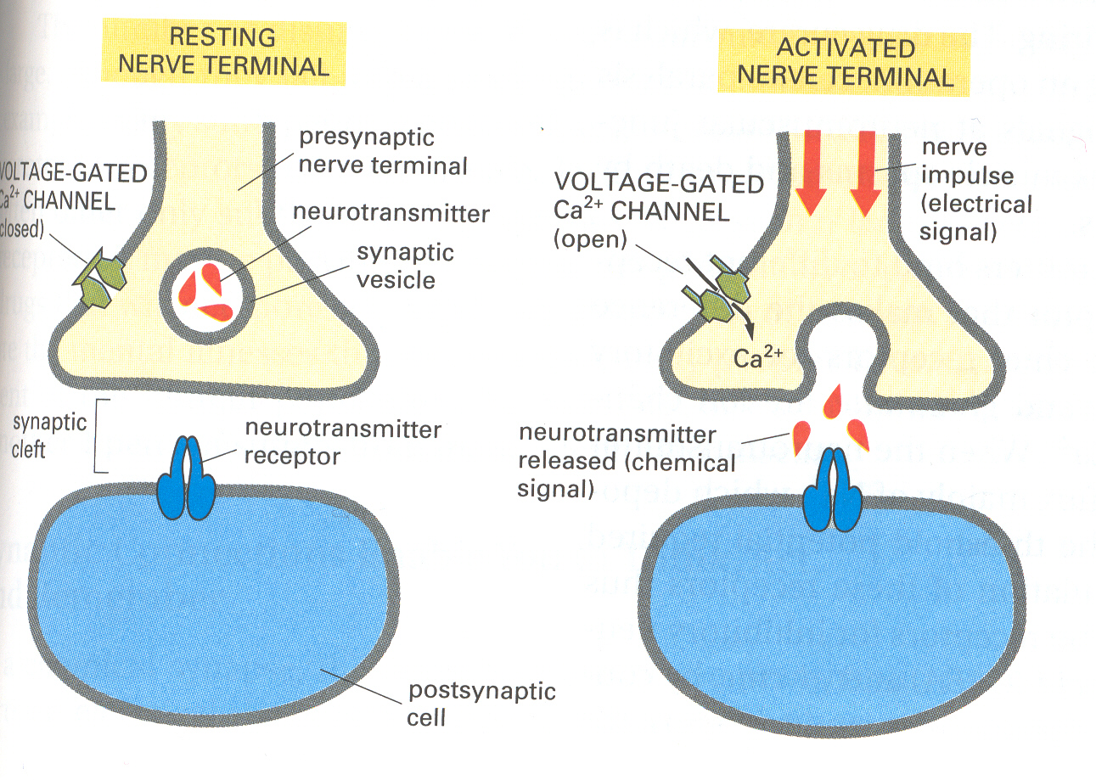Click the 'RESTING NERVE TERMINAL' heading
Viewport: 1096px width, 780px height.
tap(222, 51)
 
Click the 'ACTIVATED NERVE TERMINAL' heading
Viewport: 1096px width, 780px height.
tap(845, 62)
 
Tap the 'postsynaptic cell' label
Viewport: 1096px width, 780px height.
tap(481, 704)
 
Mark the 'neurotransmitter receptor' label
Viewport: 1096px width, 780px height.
tap(342, 442)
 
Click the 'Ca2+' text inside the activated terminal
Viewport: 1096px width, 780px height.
tap(756, 357)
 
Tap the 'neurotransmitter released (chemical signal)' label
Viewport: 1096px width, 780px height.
tap(627, 463)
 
